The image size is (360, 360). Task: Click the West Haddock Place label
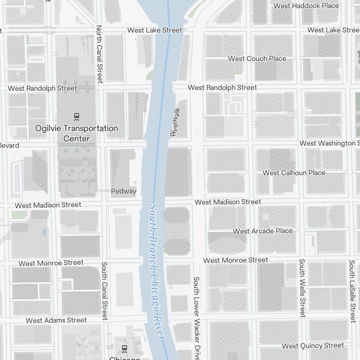click(x=306, y=6)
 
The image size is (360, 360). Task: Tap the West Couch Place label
click(x=257, y=59)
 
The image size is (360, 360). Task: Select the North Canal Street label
click(x=100, y=54)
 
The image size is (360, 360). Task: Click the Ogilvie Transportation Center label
click(x=76, y=133)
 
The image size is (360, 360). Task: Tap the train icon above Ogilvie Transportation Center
click(x=76, y=116)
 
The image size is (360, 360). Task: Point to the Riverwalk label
click(x=175, y=122)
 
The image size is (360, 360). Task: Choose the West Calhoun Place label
click(x=294, y=173)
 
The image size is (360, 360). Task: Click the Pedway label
click(x=123, y=191)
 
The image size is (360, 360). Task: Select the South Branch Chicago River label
click(x=156, y=271)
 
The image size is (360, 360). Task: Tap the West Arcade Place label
click(x=263, y=231)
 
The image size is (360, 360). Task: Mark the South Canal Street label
click(x=104, y=291)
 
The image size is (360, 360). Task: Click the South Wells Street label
click(x=302, y=288)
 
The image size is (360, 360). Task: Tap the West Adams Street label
click(x=56, y=320)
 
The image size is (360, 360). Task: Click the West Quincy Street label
click(x=312, y=346)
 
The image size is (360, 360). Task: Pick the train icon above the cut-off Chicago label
click(x=125, y=348)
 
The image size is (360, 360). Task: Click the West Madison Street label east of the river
click(x=228, y=202)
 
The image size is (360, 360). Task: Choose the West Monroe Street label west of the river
click(x=51, y=263)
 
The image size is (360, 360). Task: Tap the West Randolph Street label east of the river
click(x=222, y=87)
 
